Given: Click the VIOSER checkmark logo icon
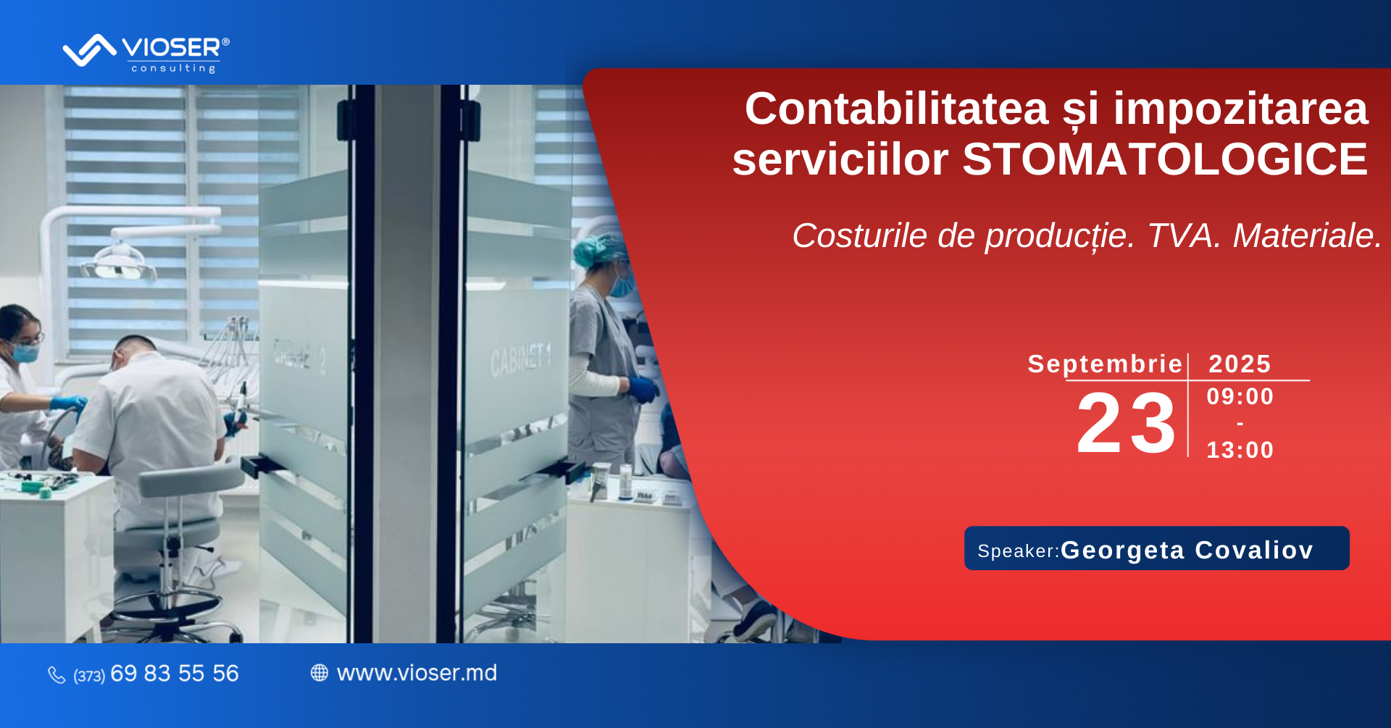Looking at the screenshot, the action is pos(89,50).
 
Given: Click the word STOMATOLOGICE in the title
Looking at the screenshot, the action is pos(1165,159).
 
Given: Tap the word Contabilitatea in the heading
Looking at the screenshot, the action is pos(897,109).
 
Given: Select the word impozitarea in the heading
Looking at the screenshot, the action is pos(1241,109).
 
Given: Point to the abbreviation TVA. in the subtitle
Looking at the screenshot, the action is pos(1185,235).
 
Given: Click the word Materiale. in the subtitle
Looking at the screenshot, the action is pos(1308,235).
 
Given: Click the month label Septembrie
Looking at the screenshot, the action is pos(1105,364).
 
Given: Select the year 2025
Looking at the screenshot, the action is pos(1240,364).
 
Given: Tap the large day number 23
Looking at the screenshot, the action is pos(1126,423).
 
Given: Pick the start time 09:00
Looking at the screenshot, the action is pos(1240,396).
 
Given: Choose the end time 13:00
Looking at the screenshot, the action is pos(1240,450).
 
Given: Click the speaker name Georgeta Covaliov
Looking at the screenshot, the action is pos(1187,550).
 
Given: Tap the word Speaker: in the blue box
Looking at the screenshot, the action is pos(1019,551).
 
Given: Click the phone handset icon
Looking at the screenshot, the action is pos(57,675).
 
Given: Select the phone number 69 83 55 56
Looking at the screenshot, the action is pos(175,674).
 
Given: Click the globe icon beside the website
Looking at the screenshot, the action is pos(319,673).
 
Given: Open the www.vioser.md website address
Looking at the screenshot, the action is pos(417,673).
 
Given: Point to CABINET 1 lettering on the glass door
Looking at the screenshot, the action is pos(520,359).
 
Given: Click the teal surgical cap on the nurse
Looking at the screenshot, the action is pos(600,248).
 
